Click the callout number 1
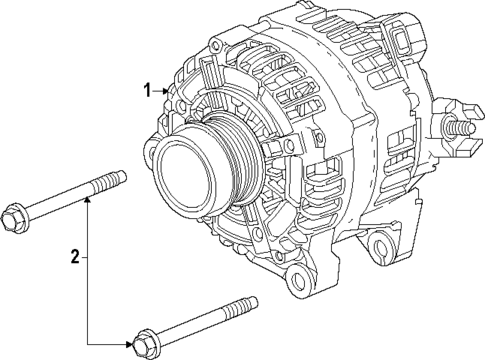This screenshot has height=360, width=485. (x=147, y=90)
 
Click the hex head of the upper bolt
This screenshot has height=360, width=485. (x=16, y=214)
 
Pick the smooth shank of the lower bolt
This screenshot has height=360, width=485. (x=195, y=326)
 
